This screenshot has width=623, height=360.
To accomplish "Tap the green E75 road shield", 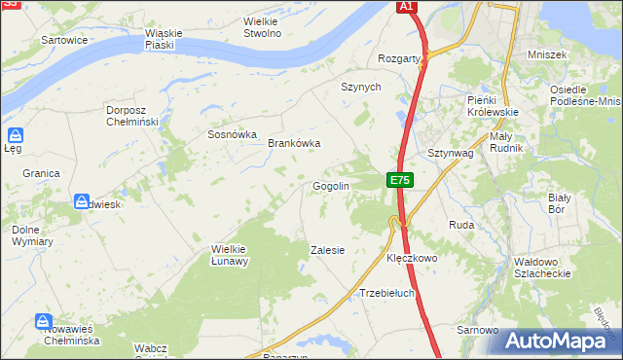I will [x=400, y=180].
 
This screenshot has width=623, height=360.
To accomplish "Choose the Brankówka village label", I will [x=294, y=143].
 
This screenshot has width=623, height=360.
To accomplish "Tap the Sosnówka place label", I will [x=232, y=135].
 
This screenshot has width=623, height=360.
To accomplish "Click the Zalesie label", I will [x=327, y=250].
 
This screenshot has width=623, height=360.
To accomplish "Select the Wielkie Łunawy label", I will [x=231, y=255].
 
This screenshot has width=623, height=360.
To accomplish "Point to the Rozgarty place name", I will [x=405, y=58].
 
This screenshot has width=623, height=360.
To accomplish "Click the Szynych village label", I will [x=360, y=87].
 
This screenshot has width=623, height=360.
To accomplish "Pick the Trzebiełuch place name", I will [x=387, y=293].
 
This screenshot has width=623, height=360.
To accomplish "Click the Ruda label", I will [x=460, y=225].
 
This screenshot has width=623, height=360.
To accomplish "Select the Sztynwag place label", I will [x=450, y=154].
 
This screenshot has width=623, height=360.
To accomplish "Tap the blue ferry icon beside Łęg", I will [x=15, y=135].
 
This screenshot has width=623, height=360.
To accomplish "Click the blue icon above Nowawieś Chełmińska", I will [x=43, y=320].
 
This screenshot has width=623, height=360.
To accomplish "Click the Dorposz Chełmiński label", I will [x=131, y=116].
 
